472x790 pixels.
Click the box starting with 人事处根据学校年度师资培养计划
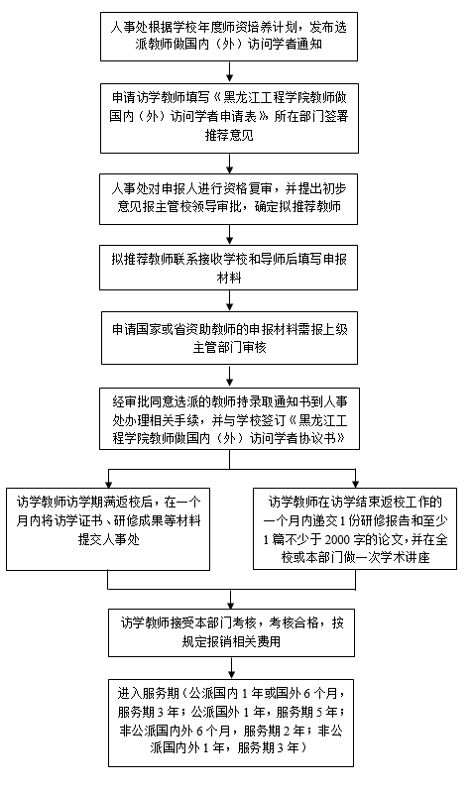[229, 37]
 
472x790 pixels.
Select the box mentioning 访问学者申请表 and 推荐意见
[229, 118]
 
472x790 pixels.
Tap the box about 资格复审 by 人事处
[228, 199]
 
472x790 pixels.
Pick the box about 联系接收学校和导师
[228, 268]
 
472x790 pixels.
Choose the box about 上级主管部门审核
[229, 338]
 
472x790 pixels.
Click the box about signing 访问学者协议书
[229, 418]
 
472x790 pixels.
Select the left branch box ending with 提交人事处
[108, 529]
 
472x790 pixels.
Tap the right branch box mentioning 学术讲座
[355, 528]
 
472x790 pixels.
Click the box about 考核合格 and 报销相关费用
[231, 632]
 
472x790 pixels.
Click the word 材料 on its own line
[229, 278]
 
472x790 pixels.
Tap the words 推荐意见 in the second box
[229, 135]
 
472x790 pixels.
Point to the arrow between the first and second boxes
[230, 72]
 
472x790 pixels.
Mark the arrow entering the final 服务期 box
[231, 668]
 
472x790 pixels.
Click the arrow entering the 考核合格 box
[231, 600]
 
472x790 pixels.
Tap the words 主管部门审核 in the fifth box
[229, 347]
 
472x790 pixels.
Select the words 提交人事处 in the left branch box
[108, 539]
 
